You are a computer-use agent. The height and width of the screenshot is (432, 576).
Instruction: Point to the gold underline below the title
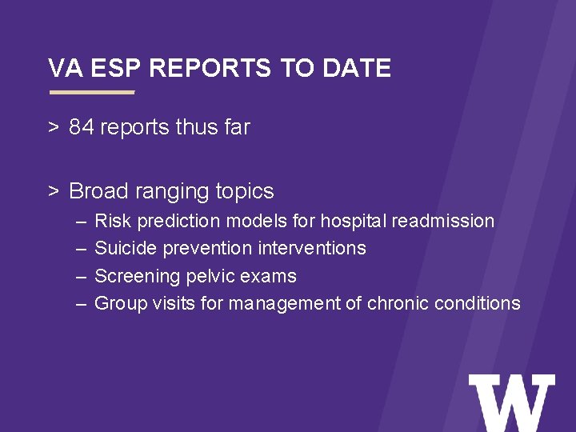pyautogui.click(x=92, y=92)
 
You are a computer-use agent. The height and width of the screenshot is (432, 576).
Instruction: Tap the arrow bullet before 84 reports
pyautogui.click(x=53, y=127)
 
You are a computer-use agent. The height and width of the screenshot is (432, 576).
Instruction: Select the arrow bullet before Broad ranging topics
pyautogui.click(x=53, y=191)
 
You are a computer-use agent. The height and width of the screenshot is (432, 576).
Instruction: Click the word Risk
pyautogui.click(x=110, y=221)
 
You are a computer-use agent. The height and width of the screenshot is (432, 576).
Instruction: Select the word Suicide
pyautogui.click(x=126, y=249)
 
